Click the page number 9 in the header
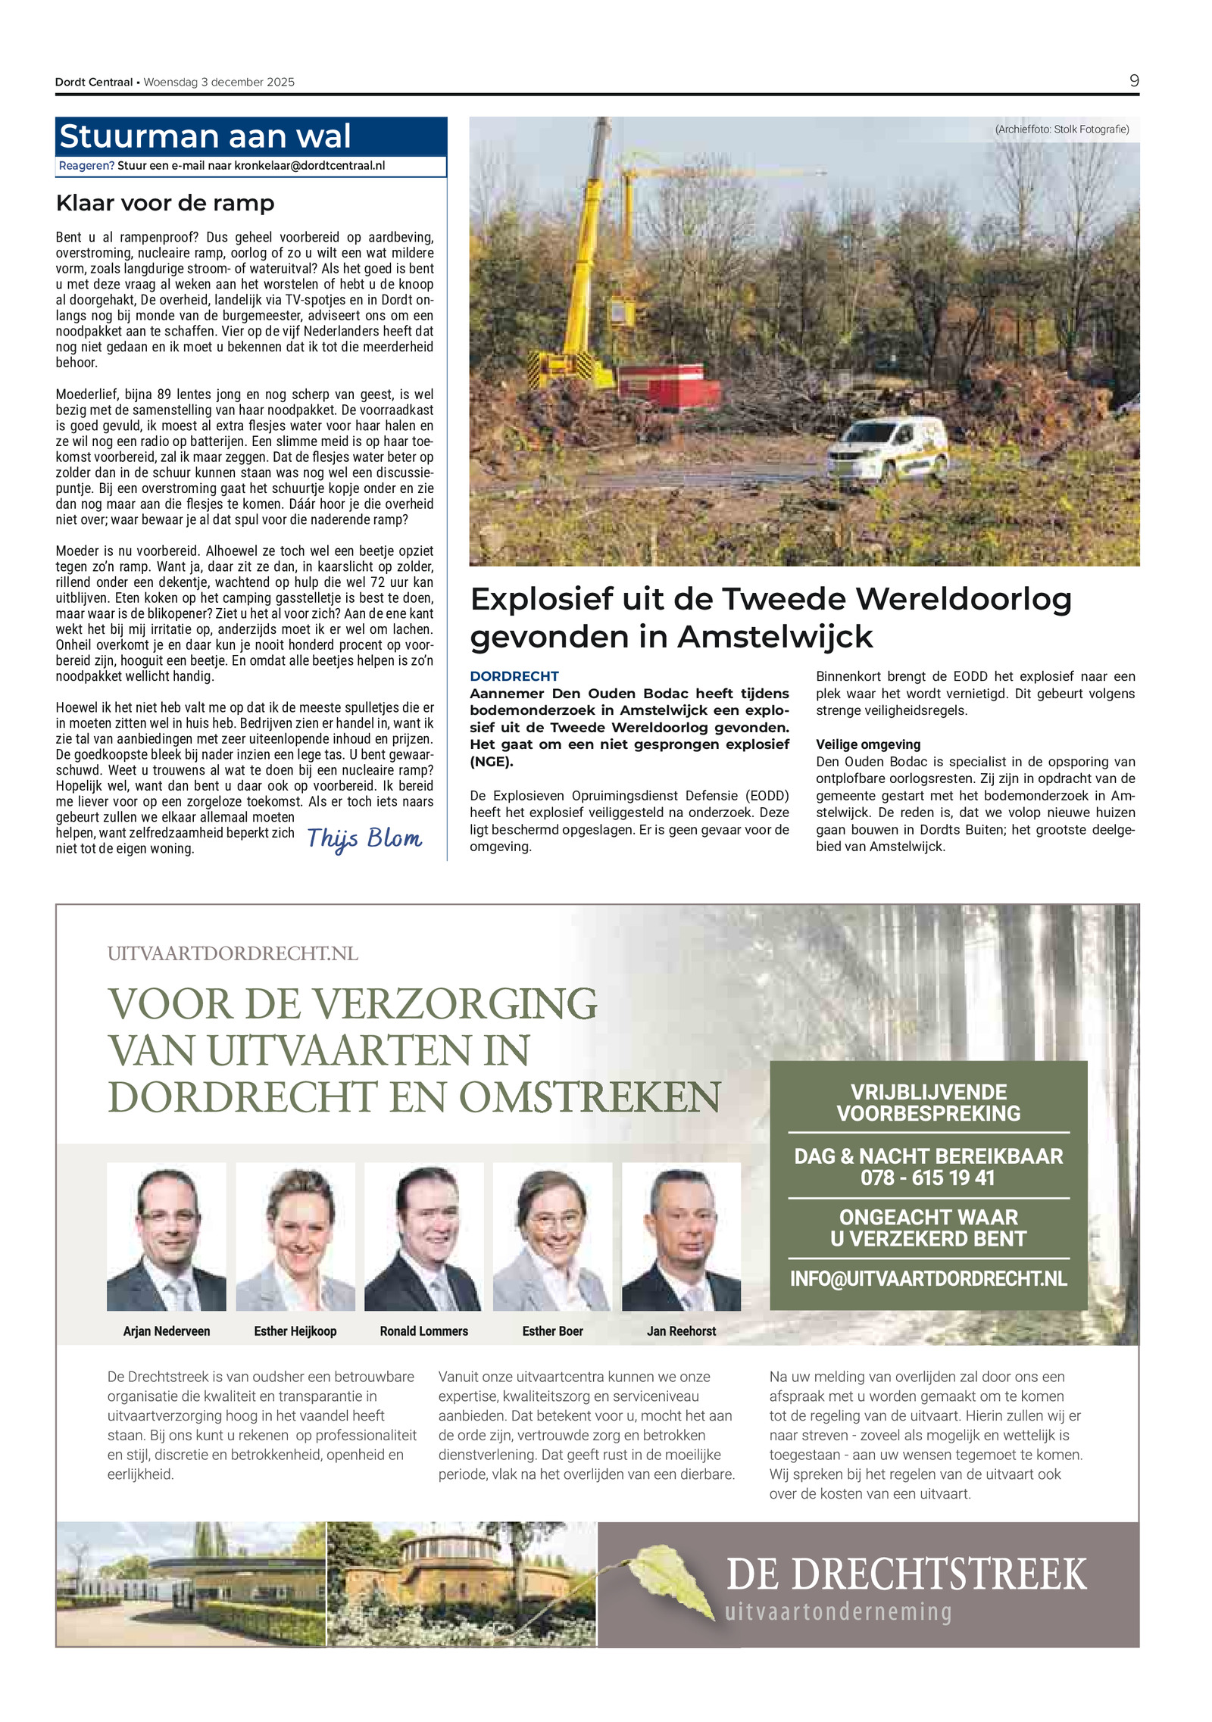(1133, 81)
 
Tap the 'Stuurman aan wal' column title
(205, 136)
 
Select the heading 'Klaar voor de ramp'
(165, 203)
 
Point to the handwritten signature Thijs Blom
(364, 838)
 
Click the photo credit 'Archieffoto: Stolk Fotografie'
(1061, 129)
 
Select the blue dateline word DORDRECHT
(514, 675)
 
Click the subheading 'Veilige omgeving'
(868, 744)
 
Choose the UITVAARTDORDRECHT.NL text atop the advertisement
(233, 953)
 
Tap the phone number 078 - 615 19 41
(927, 1178)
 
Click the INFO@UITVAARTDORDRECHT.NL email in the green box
(928, 1279)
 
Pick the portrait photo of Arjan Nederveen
(167, 1236)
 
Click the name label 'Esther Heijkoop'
(295, 1331)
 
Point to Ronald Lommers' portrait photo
(423, 1236)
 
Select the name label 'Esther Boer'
(552, 1331)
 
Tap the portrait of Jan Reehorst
(681, 1236)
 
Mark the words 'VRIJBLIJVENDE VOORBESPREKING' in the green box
(928, 1103)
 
